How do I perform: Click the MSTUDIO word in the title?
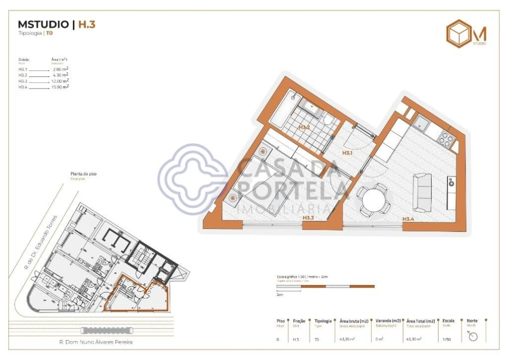43,24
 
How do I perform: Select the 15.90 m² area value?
60,87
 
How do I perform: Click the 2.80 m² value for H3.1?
60,69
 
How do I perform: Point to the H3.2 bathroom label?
304,127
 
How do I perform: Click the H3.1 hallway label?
348,152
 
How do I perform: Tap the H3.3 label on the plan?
308,218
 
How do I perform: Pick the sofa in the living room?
422,192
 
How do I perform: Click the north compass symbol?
472,336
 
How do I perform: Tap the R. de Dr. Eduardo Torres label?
41,242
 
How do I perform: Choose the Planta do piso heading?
83,174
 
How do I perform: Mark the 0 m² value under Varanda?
380,339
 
